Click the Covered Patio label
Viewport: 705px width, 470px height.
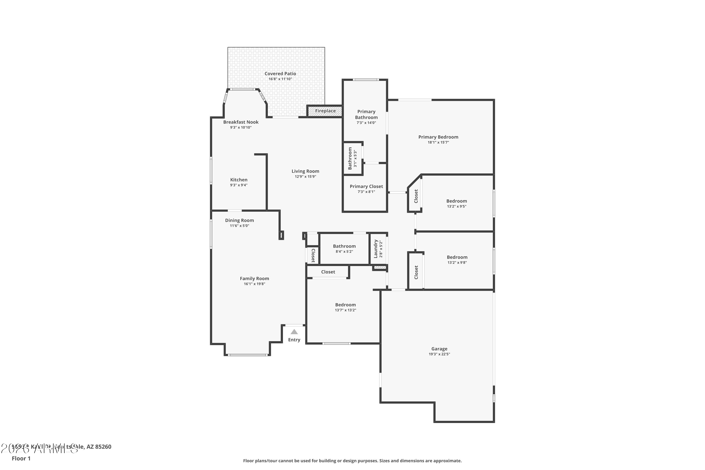click(x=280, y=73)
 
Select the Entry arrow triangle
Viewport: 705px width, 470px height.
click(x=294, y=332)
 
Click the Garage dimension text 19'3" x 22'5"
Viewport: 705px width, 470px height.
click(x=439, y=354)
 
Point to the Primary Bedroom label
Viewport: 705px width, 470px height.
click(x=438, y=137)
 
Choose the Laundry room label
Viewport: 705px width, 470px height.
click(x=375, y=249)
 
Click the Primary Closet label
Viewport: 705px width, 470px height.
click(x=366, y=186)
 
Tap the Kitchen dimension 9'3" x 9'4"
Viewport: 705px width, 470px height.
click(x=239, y=185)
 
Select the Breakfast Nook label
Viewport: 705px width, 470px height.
click(x=241, y=122)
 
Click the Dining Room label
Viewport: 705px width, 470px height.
click(x=239, y=220)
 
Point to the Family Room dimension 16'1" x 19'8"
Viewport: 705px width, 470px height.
click(x=254, y=284)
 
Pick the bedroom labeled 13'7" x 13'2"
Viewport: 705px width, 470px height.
click(x=345, y=305)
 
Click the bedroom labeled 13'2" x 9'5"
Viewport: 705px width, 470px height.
click(x=456, y=201)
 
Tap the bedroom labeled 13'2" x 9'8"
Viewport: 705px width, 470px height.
click(x=457, y=257)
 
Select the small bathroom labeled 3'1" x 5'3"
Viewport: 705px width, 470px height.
click(x=350, y=158)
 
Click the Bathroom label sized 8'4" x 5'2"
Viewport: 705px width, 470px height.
click(x=344, y=246)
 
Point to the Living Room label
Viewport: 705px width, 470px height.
click(x=305, y=171)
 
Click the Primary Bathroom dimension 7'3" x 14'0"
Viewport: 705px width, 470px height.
click(x=366, y=123)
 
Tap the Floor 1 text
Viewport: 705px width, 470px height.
click(x=21, y=458)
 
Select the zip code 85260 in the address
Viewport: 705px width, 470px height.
click(x=103, y=447)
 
